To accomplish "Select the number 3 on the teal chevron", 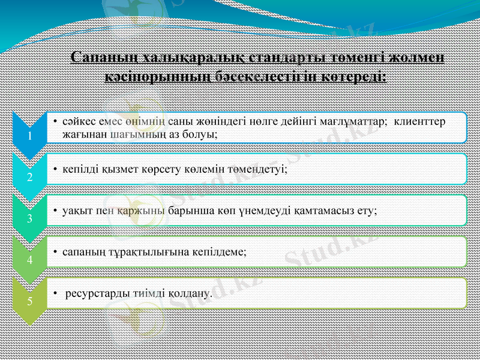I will (28, 218).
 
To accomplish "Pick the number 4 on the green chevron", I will (28, 260).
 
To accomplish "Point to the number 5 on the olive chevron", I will (28, 301).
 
